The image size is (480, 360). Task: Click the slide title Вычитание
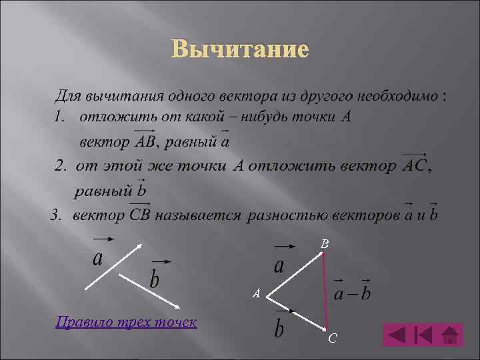(x=240, y=49)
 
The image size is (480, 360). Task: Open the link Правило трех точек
(x=127, y=323)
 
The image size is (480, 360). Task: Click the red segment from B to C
(x=325, y=293)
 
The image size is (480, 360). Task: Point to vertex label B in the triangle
(x=324, y=245)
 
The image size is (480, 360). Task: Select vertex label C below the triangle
(x=332, y=339)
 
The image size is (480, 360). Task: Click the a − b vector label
(x=352, y=293)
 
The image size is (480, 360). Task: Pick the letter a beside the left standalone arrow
(x=98, y=258)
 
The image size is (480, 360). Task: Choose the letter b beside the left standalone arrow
(x=155, y=278)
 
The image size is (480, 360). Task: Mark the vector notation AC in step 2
(x=415, y=165)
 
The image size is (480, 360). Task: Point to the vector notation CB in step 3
(x=139, y=215)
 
